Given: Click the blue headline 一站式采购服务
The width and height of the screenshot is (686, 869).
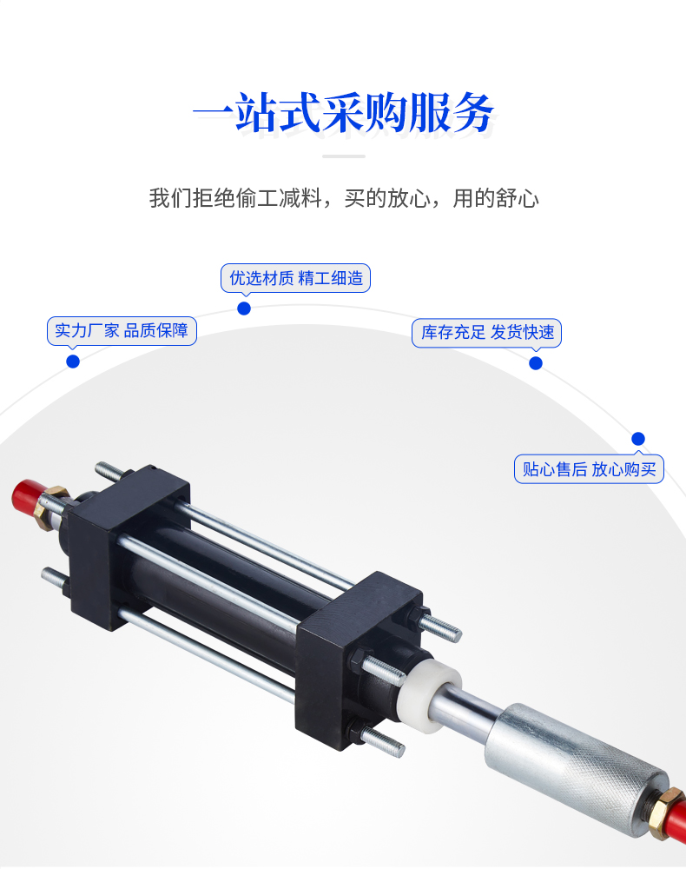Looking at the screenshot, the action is point(343,113).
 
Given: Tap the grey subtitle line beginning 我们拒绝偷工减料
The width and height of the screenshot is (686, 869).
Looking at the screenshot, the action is point(344,198).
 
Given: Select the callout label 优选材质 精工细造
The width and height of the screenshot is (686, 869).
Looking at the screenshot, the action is point(295,278).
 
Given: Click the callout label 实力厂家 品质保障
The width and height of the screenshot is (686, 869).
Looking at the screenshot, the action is point(122,331).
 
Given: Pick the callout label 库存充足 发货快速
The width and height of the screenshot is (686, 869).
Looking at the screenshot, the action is point(486,333).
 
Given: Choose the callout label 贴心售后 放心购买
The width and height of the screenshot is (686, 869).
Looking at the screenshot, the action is point(589,469).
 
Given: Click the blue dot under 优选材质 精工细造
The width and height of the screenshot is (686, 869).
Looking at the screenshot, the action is point(244,308).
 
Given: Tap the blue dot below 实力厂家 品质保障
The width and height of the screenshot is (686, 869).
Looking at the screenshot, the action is point(73,362).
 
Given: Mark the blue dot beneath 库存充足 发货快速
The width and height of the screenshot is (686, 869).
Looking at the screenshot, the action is point(536,363).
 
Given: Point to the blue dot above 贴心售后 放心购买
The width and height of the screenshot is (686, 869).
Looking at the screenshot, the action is point(638,439).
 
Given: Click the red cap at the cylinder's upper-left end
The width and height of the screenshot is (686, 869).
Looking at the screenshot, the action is point(25,496).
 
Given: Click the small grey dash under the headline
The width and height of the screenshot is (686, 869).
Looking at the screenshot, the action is point(344,156).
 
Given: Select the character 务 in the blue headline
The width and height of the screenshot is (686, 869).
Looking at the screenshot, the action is point(473,113).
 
